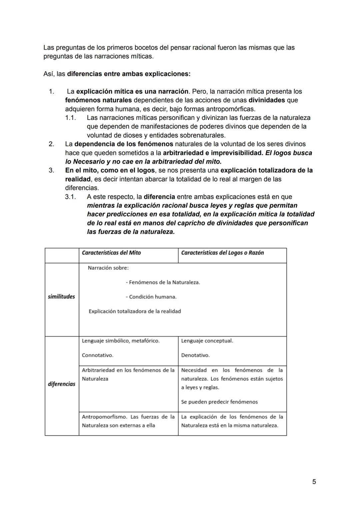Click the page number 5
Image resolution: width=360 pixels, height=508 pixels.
click(x=314, y=482)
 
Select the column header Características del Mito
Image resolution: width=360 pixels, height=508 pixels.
click(x=111, y=253)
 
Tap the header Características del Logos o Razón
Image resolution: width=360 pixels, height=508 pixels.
click(x=222, y=253)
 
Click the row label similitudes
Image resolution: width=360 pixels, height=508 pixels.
click(x=61, y=296)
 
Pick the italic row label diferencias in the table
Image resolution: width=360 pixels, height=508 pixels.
click(x=61, y=384)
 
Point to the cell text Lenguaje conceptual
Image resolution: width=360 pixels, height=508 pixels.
click(x=207, y=341)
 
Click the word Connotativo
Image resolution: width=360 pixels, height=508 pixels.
click(x=97, y=355)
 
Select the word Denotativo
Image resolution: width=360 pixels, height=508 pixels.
click(x=195, y=355)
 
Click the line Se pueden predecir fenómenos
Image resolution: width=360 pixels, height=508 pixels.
click(x=219, y=402)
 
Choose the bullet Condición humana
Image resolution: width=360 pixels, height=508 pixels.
click(x=151, y=297)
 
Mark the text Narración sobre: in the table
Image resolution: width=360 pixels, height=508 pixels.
click(x=108, y=268)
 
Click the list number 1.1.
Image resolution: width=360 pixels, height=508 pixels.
click(x=70, y=118)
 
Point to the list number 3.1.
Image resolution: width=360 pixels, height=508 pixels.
click(x=70, y=197)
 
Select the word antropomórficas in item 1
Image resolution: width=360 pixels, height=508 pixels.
click(x=230, y=109)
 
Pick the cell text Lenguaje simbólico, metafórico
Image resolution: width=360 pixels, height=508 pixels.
click(x=121, y=341)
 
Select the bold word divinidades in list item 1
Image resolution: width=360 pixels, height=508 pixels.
click(x=267, y=100)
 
